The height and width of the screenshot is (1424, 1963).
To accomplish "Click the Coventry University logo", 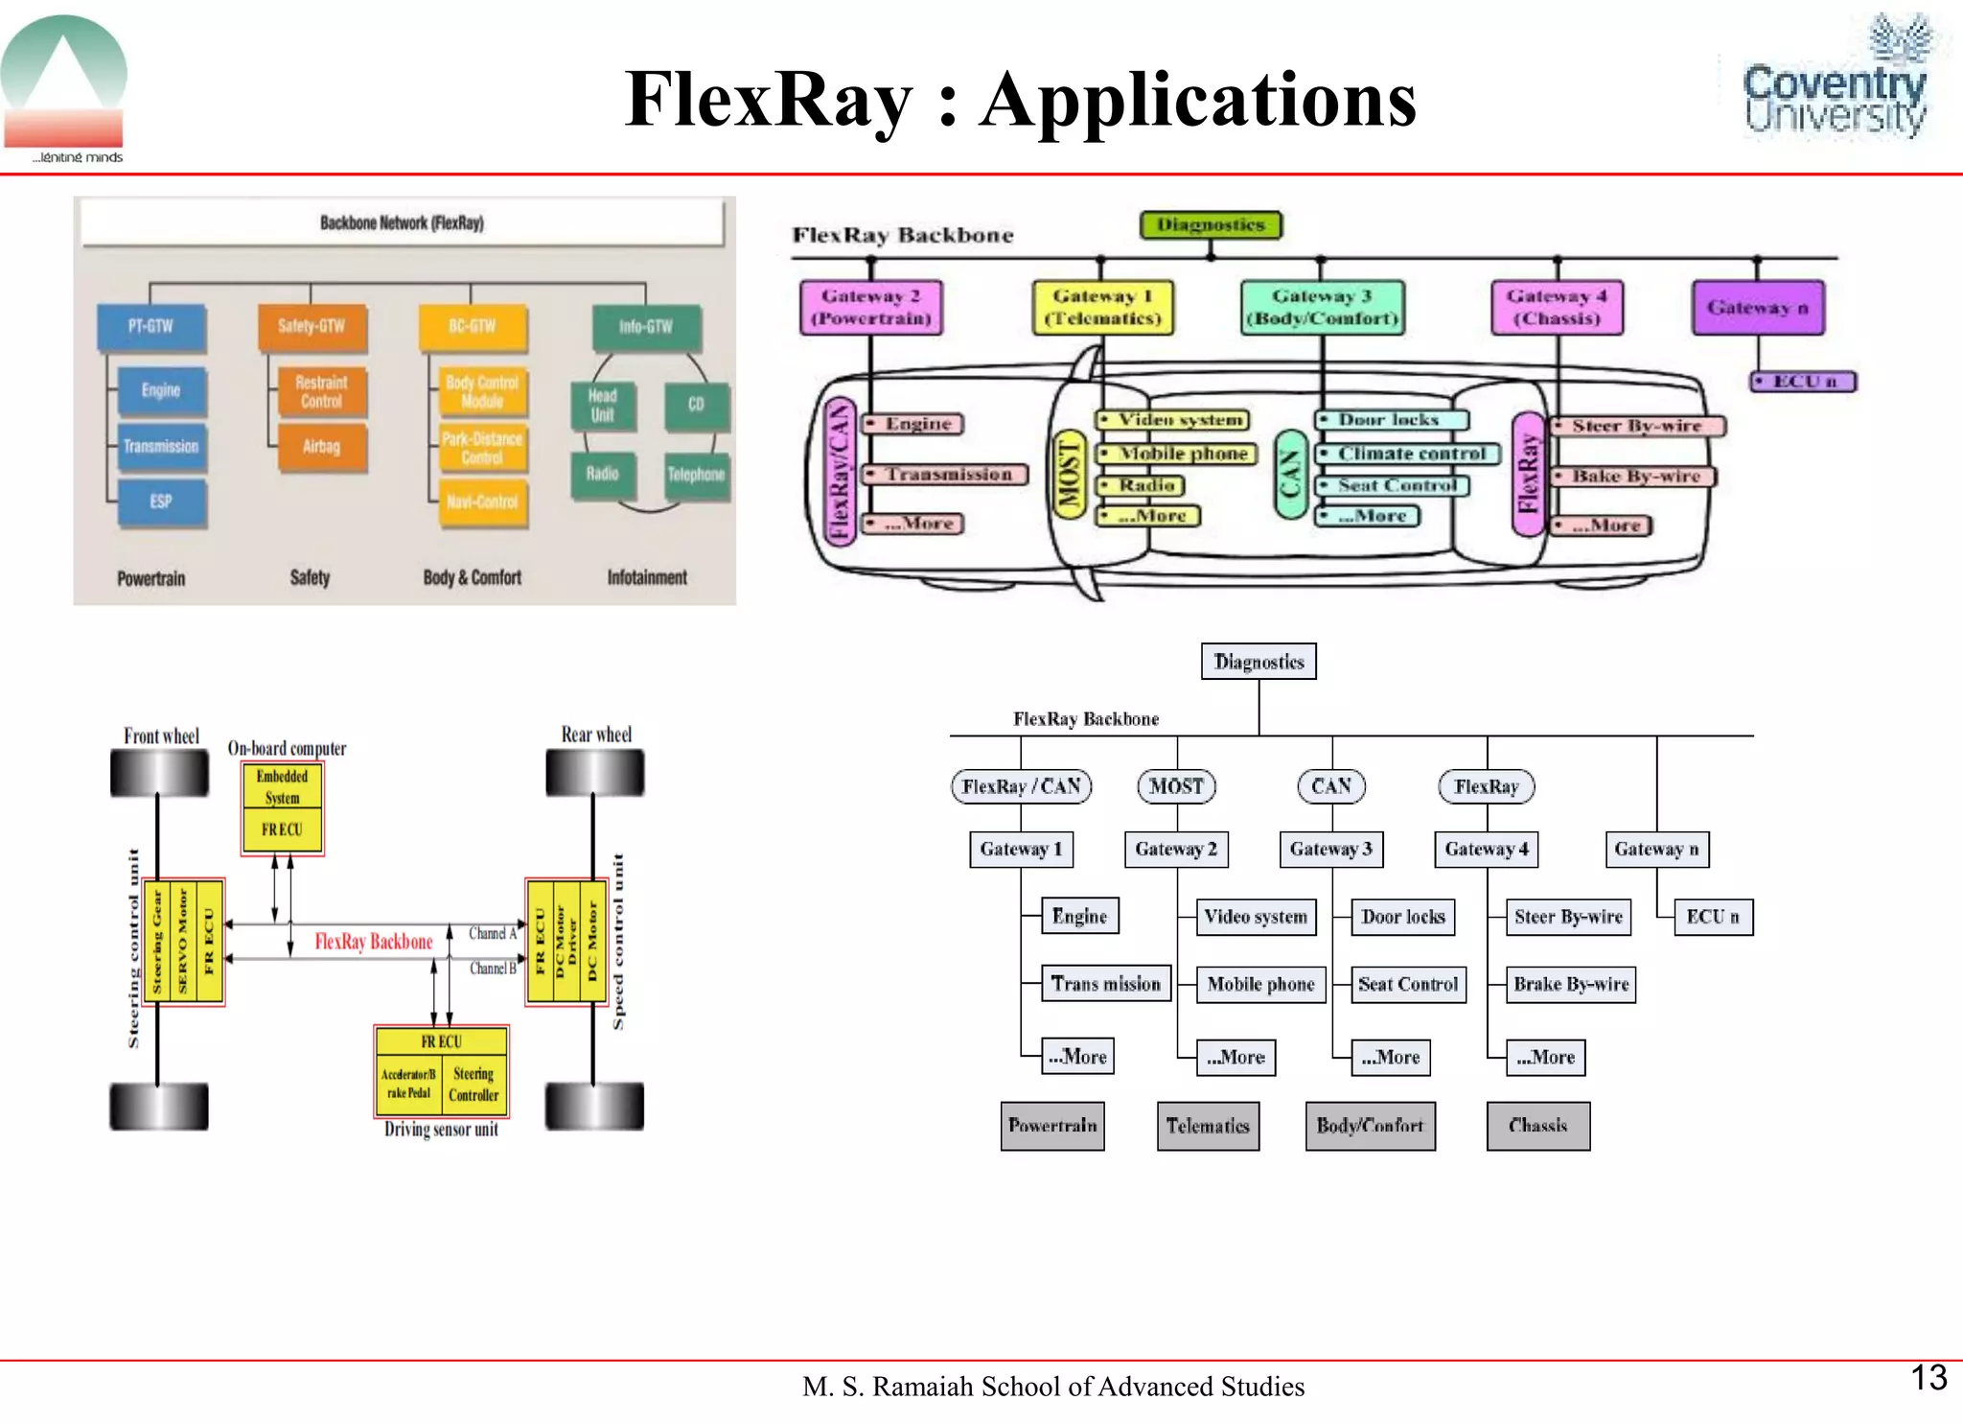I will click(1834, 82).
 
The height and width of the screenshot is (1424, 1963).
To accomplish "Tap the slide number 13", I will click(1928, 1377).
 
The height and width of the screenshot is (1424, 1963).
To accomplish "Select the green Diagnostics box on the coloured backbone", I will click(1211, 225).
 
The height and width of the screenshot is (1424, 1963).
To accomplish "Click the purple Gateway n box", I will click(1757, 308).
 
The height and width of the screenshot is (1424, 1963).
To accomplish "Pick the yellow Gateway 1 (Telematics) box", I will click(1102, 307).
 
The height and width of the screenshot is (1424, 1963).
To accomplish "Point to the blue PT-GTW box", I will click(151, 327).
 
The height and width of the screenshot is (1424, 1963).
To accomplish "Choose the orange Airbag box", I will click(321, 447).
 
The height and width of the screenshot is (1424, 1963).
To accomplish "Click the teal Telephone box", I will click(696, 475).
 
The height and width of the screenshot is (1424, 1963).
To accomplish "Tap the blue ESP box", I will click(161, 502).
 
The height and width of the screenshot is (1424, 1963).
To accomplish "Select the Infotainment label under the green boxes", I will click(647, 577).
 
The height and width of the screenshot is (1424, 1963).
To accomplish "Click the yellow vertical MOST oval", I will click(1068, 473).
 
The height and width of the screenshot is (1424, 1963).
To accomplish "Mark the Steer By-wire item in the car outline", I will click(1636, 426).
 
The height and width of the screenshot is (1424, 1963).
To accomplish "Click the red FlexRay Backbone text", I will click(374, 942).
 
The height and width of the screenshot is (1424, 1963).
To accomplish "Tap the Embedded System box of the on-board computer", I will click(283, 787).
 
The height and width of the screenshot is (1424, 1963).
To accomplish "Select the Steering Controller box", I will click(473, 1085).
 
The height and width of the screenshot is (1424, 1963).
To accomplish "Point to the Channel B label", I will click(493, 969).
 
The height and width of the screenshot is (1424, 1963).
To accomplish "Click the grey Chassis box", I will click(1537, 1126).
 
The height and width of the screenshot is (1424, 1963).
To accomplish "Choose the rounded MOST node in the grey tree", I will click(1176, 786).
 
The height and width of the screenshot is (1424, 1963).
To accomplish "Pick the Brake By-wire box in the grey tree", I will click(1570, 984).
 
